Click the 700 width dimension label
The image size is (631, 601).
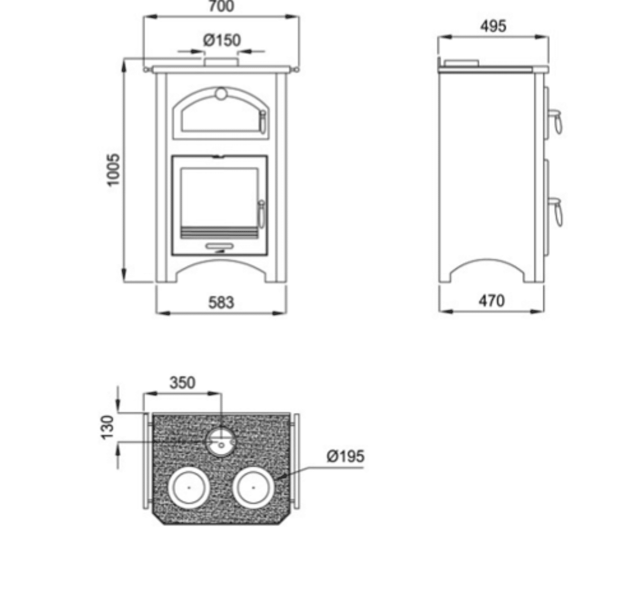pos(221,7)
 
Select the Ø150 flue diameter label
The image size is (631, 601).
pos(222,40)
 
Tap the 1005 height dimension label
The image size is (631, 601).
pos(113,170)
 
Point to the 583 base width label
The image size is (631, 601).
pos(221,303)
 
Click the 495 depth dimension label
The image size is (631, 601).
pos(493,26)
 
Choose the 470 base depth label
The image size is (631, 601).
pos(491,301)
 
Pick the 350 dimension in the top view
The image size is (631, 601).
pos(182,382)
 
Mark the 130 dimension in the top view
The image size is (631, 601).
pos(108,427)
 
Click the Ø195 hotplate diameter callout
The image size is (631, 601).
pos(346,456)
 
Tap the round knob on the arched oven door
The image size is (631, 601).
pos(221,94)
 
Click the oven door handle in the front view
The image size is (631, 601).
pos(263,122)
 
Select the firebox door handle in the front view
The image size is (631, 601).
pos(261,214)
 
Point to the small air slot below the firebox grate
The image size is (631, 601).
pos(220,247)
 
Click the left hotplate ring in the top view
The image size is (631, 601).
pos(189,487)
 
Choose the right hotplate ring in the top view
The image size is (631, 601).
pos(254,487)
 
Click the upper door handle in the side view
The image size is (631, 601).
pos(556,120)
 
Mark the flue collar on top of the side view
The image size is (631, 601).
pos(461,63)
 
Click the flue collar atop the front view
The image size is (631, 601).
pos(221,62)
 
